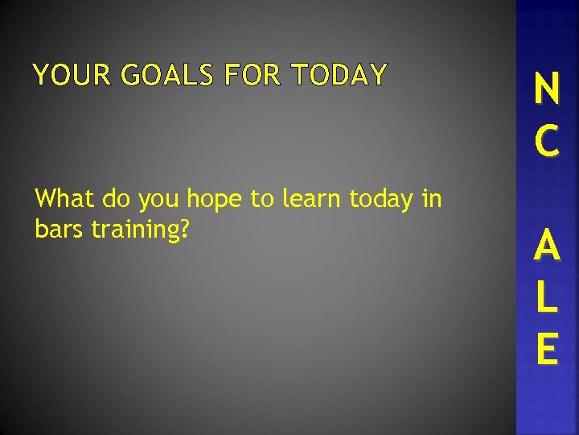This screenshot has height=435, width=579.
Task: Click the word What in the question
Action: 66,199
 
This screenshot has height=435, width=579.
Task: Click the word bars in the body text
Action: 60,230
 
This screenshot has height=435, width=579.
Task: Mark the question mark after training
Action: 184,230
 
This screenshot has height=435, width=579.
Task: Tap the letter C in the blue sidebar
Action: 547,140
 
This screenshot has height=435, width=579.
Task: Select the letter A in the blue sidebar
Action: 547,246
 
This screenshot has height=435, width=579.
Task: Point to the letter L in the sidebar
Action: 547,298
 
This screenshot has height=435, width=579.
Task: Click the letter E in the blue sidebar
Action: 547,348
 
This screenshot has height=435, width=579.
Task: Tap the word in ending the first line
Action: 431,199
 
